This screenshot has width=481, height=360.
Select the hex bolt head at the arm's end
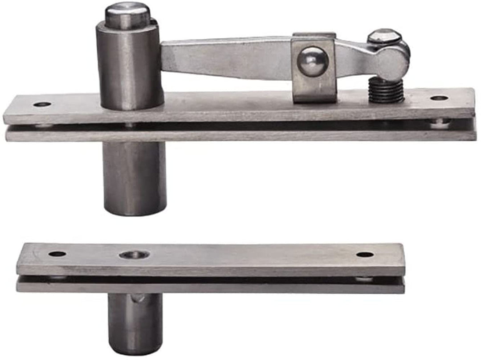click(x=384, y=36)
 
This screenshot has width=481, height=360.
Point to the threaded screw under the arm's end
click(x=386, y=90)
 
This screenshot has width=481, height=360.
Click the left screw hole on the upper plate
click(x=42, y=104)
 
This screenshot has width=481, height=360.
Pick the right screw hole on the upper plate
click(x=439, y=98)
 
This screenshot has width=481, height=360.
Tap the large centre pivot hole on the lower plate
click(x=134, y=255)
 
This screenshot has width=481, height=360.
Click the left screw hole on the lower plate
click(x=57, y=254)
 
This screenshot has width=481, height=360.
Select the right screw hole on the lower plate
click(x=365, y=255)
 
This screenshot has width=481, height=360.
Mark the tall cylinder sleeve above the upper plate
click(x=129, y=67)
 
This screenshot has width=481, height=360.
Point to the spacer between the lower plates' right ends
click(x=364, y=279)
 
